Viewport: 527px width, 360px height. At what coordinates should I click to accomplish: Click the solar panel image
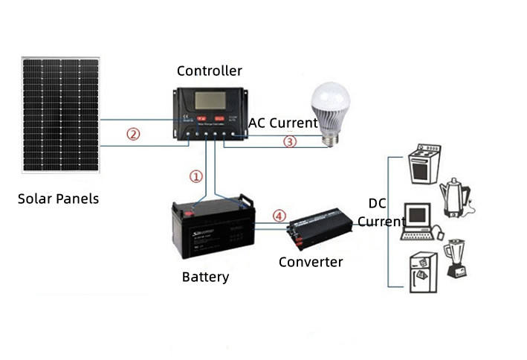click(x=60, y=114)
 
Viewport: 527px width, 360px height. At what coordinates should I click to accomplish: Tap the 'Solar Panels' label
click(x=58, y=199)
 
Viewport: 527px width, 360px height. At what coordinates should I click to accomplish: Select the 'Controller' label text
click(x=210, y=71)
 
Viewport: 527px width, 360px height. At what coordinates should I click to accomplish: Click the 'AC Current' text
click(x=282, y=123)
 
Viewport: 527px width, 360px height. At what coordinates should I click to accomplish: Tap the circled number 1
click(x=195, y=176)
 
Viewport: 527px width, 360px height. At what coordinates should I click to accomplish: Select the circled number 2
click(x=132, y=134)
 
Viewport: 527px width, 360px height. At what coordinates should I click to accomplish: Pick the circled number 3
click(x=290, y=141)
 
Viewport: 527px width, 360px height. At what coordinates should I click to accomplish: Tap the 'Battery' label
click(x=205, y=277)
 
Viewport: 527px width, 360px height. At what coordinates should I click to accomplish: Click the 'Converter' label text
click(x=311, y=262)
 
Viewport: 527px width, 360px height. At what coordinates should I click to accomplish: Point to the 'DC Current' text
click(x=381, y=213)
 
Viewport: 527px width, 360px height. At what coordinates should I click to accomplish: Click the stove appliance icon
click(x=424, y=164)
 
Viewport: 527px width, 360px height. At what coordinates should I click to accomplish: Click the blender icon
click(x=455, y=257)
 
